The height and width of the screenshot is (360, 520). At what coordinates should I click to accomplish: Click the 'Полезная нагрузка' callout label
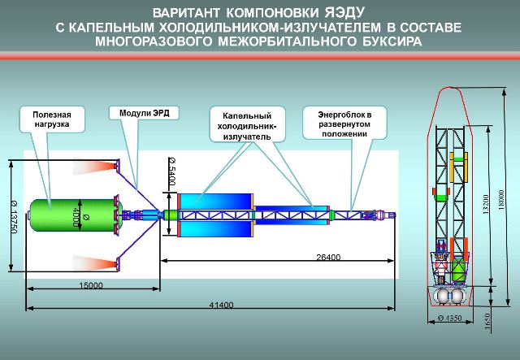tap(52, 119)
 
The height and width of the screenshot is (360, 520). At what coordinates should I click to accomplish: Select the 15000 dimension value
tap(90, 286)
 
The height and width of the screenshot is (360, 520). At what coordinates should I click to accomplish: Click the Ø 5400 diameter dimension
tap(172, 170)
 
